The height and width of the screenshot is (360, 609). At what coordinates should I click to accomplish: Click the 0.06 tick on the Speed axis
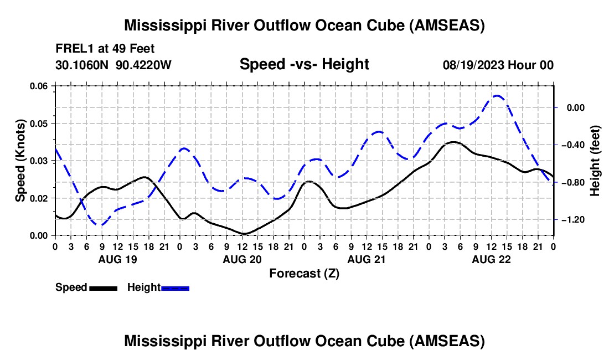42,86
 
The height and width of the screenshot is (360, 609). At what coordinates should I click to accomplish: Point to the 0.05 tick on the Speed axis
42,124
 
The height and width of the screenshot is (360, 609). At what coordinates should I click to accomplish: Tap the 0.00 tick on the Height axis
575,107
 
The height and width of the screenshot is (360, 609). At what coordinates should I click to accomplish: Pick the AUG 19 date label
118,259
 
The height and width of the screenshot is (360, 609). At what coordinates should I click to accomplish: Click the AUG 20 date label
242,259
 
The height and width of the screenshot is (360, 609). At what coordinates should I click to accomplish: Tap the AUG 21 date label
367,259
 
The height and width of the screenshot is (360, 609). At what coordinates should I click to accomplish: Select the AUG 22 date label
491,259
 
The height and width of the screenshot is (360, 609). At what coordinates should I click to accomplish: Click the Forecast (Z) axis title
304,274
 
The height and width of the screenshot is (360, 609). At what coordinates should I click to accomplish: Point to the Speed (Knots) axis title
20,161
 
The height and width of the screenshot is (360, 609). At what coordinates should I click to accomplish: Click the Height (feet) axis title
595,161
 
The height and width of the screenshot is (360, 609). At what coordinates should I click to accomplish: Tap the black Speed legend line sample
104,288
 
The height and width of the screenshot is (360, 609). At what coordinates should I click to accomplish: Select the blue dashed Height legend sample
175,288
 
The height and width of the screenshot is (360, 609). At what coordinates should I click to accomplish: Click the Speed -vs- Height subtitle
304,64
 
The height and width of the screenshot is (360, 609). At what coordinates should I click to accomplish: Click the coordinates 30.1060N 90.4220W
113,65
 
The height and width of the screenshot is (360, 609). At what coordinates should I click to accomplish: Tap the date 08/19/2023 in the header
473,65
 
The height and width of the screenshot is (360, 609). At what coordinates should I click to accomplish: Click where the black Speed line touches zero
244,234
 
